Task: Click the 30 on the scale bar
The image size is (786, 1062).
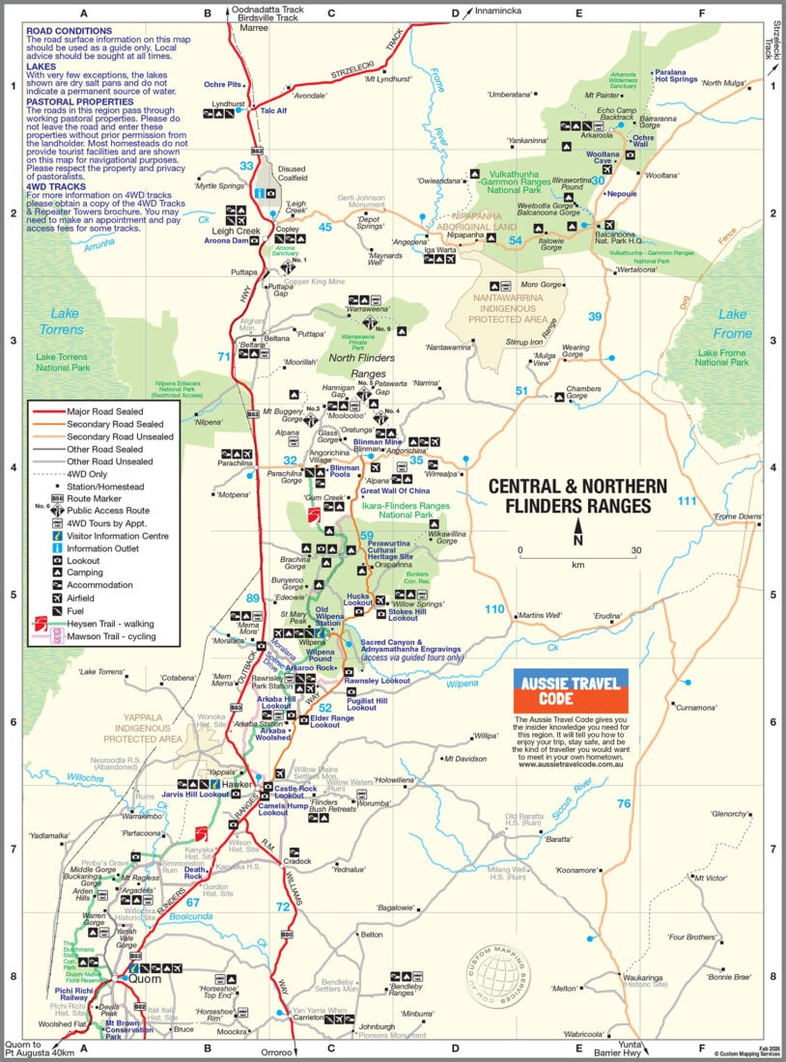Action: (635, 551)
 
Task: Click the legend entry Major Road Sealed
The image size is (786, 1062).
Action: (104, 410)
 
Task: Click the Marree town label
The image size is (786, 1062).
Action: (254, 28)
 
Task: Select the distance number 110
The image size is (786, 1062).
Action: (494, 608)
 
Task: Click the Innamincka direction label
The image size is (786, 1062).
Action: (502, 12)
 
